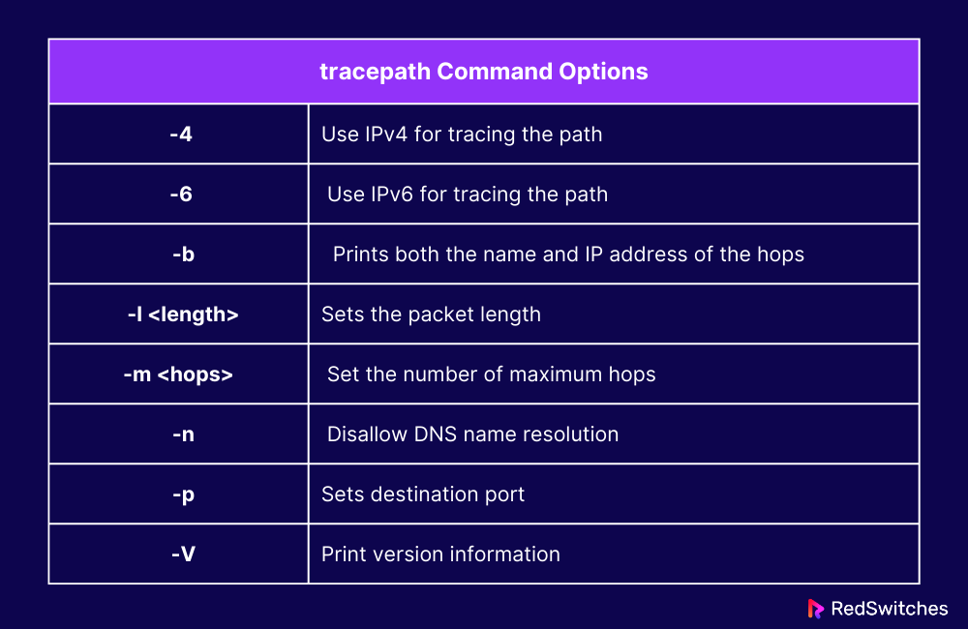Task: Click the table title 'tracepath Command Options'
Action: [483, 72]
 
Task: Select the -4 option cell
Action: [180, 135]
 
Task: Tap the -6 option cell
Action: [180, 195]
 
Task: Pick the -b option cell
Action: [180, 255]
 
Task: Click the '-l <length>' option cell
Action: [180, 314]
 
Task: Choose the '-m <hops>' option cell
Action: [179, 374]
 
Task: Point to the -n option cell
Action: [180, 434]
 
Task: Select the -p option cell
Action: [180, 494]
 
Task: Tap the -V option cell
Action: [180, 554]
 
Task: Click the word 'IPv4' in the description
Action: [386, 135]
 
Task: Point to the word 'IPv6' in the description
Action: [392, 195]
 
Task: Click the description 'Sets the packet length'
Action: [431, 314]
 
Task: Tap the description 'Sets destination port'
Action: [423, 494]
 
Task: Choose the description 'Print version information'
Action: [440, 554]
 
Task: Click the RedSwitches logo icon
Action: [815, 609]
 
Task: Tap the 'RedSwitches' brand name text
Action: [890, 609]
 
